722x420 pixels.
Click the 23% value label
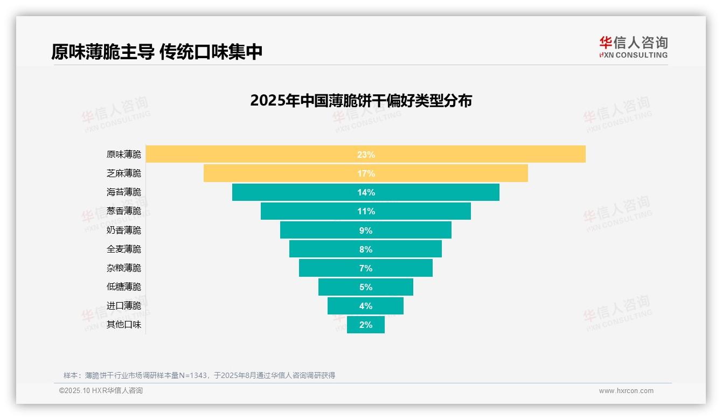366,155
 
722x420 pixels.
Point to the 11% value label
366,211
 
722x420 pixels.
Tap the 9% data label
366,230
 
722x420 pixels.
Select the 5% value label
366,287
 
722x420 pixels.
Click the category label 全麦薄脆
124,249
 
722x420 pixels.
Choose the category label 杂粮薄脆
124,268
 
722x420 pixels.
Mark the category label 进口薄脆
124,306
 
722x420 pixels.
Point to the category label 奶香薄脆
124,230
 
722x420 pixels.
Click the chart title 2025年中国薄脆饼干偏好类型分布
361,101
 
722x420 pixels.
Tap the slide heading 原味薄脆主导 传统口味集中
157,52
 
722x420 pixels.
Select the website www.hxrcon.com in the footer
626,391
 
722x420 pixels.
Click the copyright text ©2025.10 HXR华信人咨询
101,391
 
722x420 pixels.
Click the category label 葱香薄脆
124,211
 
